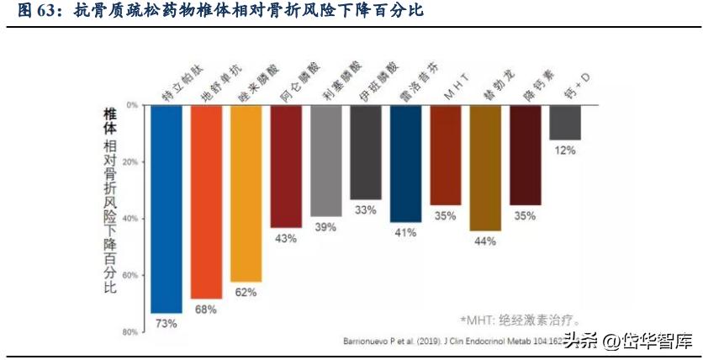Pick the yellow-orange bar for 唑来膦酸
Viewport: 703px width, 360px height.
(x=246, y=193)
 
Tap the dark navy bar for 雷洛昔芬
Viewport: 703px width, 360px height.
(x=405, y=163)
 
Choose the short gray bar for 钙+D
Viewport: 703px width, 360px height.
(x=565, y=122)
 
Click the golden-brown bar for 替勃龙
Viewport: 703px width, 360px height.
(x=485, y=167)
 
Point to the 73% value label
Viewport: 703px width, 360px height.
(x=166, y=324)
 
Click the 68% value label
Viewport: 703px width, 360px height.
(x=206, y=310)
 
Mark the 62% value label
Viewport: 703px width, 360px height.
(x=246, y=293)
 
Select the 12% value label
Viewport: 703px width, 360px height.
(x=565, y=151)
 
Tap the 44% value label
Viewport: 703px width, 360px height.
(x=485, y=241)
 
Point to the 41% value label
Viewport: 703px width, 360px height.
(x=405, y=232)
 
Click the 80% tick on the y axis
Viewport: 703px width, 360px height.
(x=131, y=332)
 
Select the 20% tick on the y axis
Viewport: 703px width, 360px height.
(x=131, y=161)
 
